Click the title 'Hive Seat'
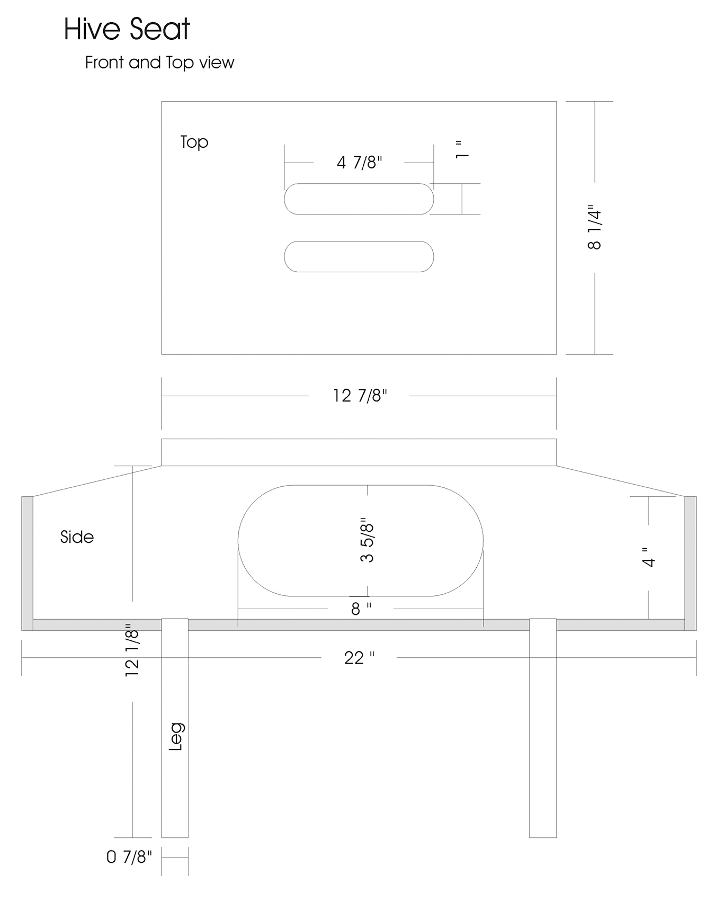[127, 29]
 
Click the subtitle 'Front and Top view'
[159, 62]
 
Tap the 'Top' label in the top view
[194, 142]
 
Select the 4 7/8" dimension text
[360, 162]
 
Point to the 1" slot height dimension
[462, 149]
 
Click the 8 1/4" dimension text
[595, 227]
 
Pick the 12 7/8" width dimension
[360, 396]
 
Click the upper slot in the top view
[359, 199]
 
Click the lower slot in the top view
[359, 256]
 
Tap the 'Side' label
[77, 537]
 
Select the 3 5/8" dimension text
[367, 540]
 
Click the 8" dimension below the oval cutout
[361, 609]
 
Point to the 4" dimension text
[649, 557]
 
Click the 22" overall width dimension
[359, 658]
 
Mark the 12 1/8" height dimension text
[132, 650]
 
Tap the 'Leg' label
[176, 736]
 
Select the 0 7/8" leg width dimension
[129, 857]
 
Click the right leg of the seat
[543, 728]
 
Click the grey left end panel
[27, 564]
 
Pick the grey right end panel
[691, 564]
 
